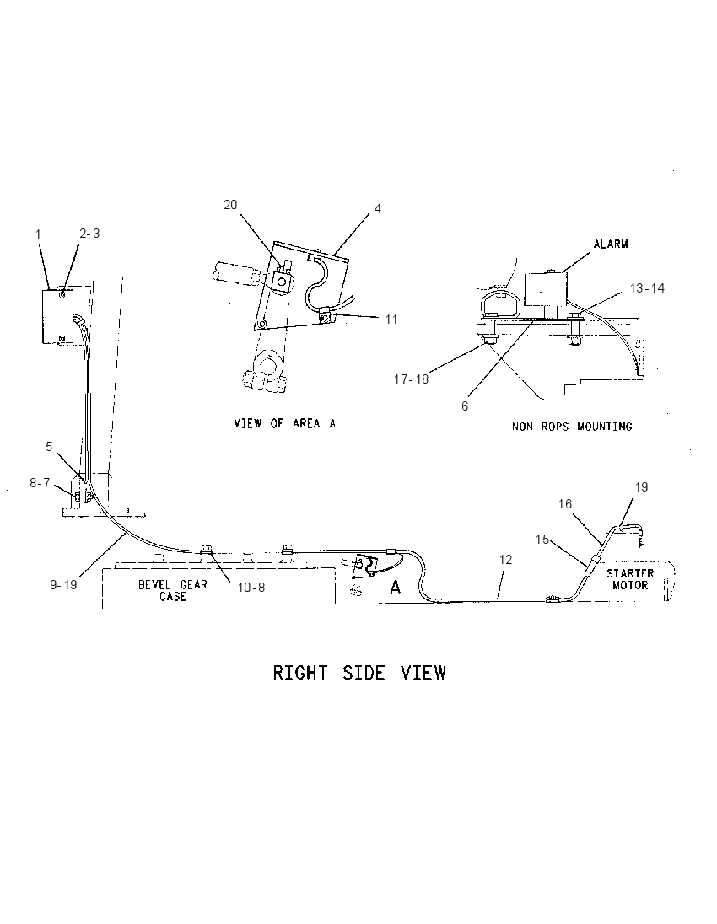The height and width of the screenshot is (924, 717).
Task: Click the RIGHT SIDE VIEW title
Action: tap(359, 673)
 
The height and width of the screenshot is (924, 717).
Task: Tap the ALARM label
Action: tap(610, 244)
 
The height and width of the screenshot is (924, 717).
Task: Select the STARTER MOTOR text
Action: tap(630, 578)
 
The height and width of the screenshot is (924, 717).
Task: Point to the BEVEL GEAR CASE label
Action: tap(173, 590)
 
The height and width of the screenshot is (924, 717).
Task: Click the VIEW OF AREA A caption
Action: tap(285, 423)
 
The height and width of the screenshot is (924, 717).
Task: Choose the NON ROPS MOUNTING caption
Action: tap(571, 426)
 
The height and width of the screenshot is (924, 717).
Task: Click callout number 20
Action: tap(230, 205)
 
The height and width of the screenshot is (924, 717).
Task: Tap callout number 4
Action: tap(377, 208)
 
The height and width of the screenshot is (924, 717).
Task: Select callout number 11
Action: tap(391, 319)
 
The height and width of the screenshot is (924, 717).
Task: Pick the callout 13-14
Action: tap(647, 287)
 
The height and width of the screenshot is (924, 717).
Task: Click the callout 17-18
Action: tap(411, 379)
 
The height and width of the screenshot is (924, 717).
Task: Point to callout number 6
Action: tap(465, 406)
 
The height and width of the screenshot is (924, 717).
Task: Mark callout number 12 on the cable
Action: tap(505, 559)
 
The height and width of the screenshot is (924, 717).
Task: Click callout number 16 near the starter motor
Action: tap(565, 504)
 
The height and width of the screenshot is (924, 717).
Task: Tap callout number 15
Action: tap(542, 540)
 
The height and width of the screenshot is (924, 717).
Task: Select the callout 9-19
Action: tap(63, 585)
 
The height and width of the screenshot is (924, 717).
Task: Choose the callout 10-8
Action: tap(251, 588)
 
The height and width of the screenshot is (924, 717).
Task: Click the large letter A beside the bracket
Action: tap(396, 587)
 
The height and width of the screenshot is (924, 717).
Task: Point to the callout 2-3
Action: tap(89, 234)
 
